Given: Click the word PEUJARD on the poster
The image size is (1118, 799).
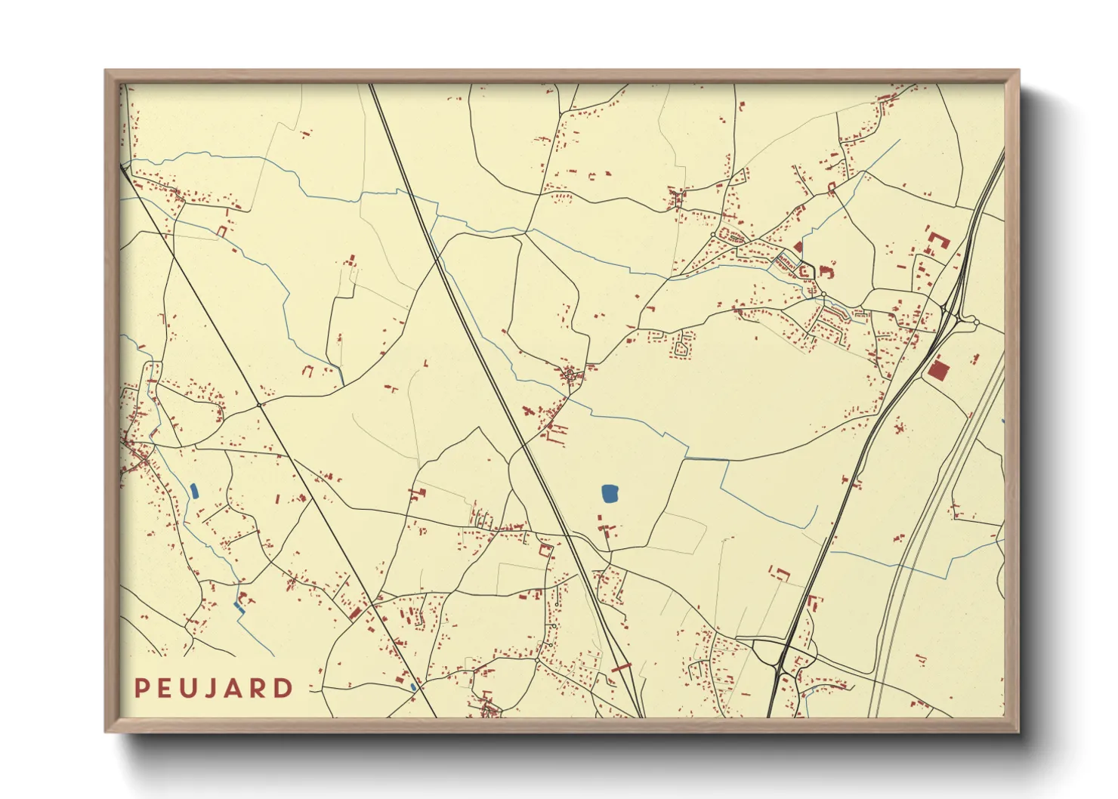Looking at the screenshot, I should click(x=214, y=688).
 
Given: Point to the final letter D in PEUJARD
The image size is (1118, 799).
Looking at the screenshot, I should click(x=284, y=688).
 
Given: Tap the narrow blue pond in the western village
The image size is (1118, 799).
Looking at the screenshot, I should click(x=194, y=491).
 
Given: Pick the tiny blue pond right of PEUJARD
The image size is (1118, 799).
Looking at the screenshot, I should click(x=413, y=687).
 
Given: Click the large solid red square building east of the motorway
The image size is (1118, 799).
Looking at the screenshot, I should click(x=938, y=370).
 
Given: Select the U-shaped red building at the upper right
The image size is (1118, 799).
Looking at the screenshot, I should click(x=937, y=243).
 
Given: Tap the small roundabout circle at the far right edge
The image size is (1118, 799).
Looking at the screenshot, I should click(x=976, y=322).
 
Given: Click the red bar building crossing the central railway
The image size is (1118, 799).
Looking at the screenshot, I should click(x=621, y=668).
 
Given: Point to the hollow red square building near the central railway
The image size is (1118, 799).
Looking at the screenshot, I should click(x=545, y=550).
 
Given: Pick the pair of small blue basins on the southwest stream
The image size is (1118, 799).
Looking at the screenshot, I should click(x=239, y=606).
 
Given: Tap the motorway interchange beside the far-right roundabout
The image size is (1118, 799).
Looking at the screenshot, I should click(x=953, y=313).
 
